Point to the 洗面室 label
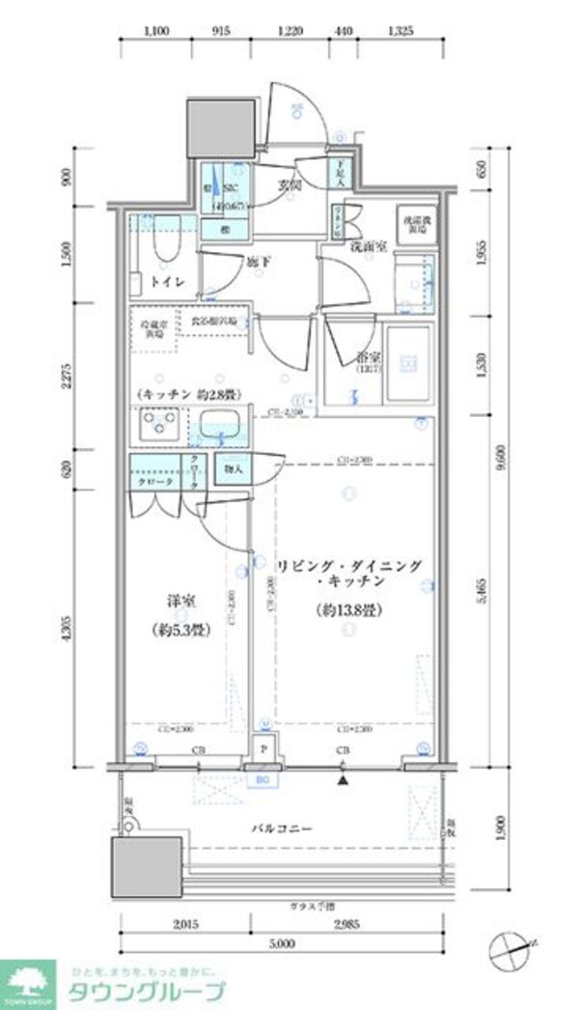click(x=368, y=247)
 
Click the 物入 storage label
click(x=233, y=468)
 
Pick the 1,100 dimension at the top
click(x=156, y=31)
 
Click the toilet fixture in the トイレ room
click(x=160, y=255)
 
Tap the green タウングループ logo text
click(x=145, y=989)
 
